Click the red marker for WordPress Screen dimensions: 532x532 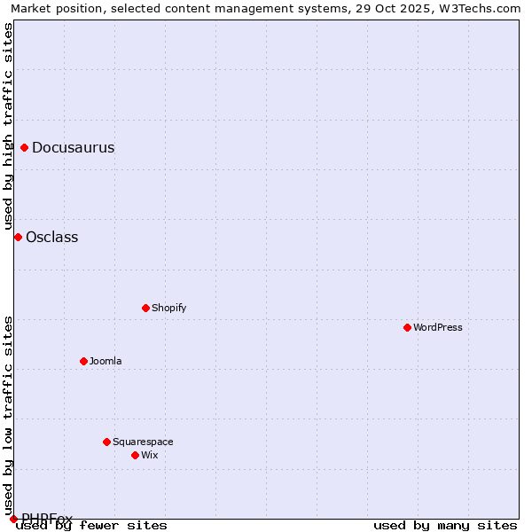pos(407,327)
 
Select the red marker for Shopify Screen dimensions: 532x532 pos(145,308)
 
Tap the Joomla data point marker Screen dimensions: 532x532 pos(83,361)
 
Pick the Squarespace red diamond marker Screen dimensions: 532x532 pos(106,442)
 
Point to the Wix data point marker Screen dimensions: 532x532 pos(135,455)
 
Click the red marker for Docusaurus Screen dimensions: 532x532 pos(24,147)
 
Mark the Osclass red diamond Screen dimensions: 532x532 pos(18,237)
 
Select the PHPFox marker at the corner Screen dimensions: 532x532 pos(13,519)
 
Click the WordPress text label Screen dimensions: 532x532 pos(438,327)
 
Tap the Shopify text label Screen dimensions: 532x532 pos(168,308)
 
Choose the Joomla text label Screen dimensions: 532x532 pos(106,361)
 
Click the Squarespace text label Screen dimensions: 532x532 pos(143,442)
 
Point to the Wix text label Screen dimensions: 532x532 pos(149,455)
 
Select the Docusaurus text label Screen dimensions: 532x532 pos(73,147)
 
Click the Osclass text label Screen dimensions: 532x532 pos(51,237)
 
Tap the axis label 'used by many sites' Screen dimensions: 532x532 pos(445,525)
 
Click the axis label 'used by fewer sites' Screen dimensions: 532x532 pos(91,525)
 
